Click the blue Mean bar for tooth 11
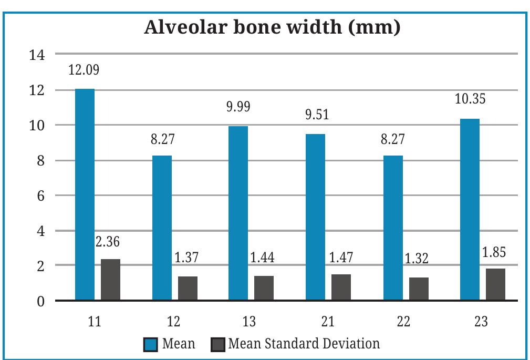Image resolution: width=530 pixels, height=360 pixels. (85, 194)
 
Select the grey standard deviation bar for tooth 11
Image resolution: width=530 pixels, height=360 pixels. (110, 280)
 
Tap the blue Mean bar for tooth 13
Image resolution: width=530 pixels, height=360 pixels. (238, 213)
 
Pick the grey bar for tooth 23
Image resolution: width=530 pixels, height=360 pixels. (495, 284)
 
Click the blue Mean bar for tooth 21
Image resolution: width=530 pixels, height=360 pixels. (315, 217)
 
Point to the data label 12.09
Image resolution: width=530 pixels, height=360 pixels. (85, 70)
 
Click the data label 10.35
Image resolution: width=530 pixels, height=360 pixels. (470, 99)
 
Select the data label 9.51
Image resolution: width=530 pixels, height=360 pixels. (316, 115)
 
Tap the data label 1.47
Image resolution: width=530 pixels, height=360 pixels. (341, 258)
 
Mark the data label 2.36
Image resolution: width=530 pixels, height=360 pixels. (108, 242)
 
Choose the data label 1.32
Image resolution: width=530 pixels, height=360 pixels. (418, 259)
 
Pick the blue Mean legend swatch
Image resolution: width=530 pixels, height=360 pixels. (150, 345)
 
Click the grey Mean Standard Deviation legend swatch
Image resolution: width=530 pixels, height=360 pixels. (216, 345)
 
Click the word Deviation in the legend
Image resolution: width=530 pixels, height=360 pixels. (352, 344)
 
